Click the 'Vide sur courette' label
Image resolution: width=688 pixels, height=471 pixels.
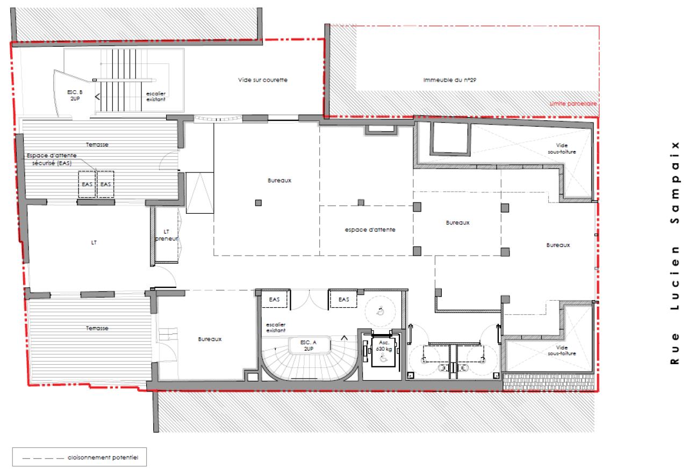point(263,80)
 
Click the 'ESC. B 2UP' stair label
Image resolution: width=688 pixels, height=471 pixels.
point(74,96)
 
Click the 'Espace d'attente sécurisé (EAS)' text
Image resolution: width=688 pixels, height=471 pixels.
point(52,158)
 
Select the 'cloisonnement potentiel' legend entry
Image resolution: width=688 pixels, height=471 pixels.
point(103,458)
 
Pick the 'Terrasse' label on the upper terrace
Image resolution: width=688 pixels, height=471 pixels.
point(98,145)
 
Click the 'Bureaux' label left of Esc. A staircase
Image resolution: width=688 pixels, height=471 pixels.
point(210,339)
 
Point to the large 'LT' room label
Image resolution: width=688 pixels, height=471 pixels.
point(94,243)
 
